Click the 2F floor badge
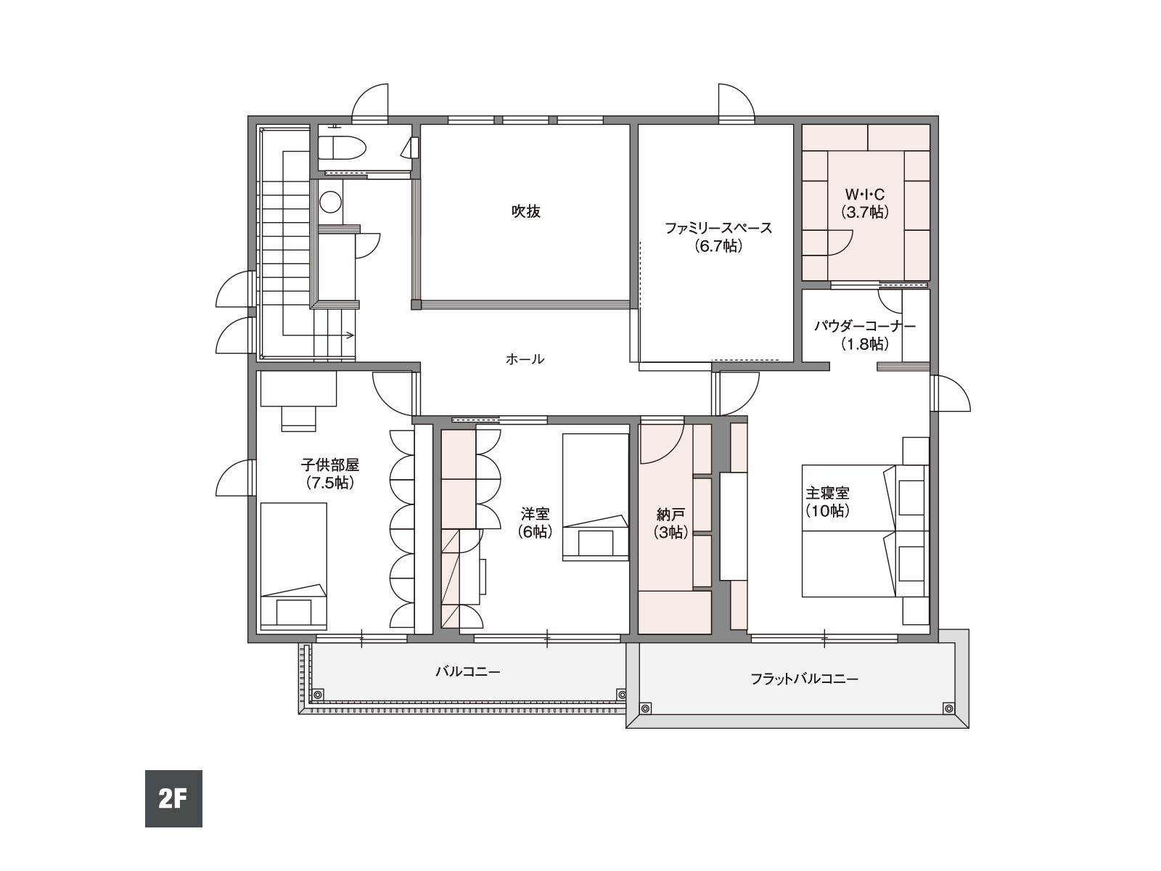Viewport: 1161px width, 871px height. [x=173, y=798]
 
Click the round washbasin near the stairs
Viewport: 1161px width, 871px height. [x=331, y=202]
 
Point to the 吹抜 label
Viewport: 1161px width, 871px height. [x=526, y=211]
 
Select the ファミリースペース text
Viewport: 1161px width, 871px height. [x=718, y=229]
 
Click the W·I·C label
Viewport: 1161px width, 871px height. [x=865, y=195]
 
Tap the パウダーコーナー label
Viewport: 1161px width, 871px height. [x=865, y=326]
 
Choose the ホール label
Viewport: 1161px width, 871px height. [x=525, y=359]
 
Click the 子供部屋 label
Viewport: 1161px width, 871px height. [x=330, y=465]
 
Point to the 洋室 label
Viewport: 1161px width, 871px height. [x=536, y=513]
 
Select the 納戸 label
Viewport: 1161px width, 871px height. [x=670, y=514]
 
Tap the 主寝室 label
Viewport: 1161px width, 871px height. [x=827, y=494]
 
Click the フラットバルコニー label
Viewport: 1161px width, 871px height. [x=804, y=679]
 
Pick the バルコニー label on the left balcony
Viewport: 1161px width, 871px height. [x=467, y=671]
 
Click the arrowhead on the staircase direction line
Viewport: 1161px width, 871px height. [x=350, y=335]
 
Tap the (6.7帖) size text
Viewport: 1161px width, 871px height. [x=718, y=246]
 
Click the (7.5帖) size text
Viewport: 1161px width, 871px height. [x=330, y=483]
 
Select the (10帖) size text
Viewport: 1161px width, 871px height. [x=827, y=511]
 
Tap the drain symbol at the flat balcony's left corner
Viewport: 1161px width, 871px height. [x=645, y=708]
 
